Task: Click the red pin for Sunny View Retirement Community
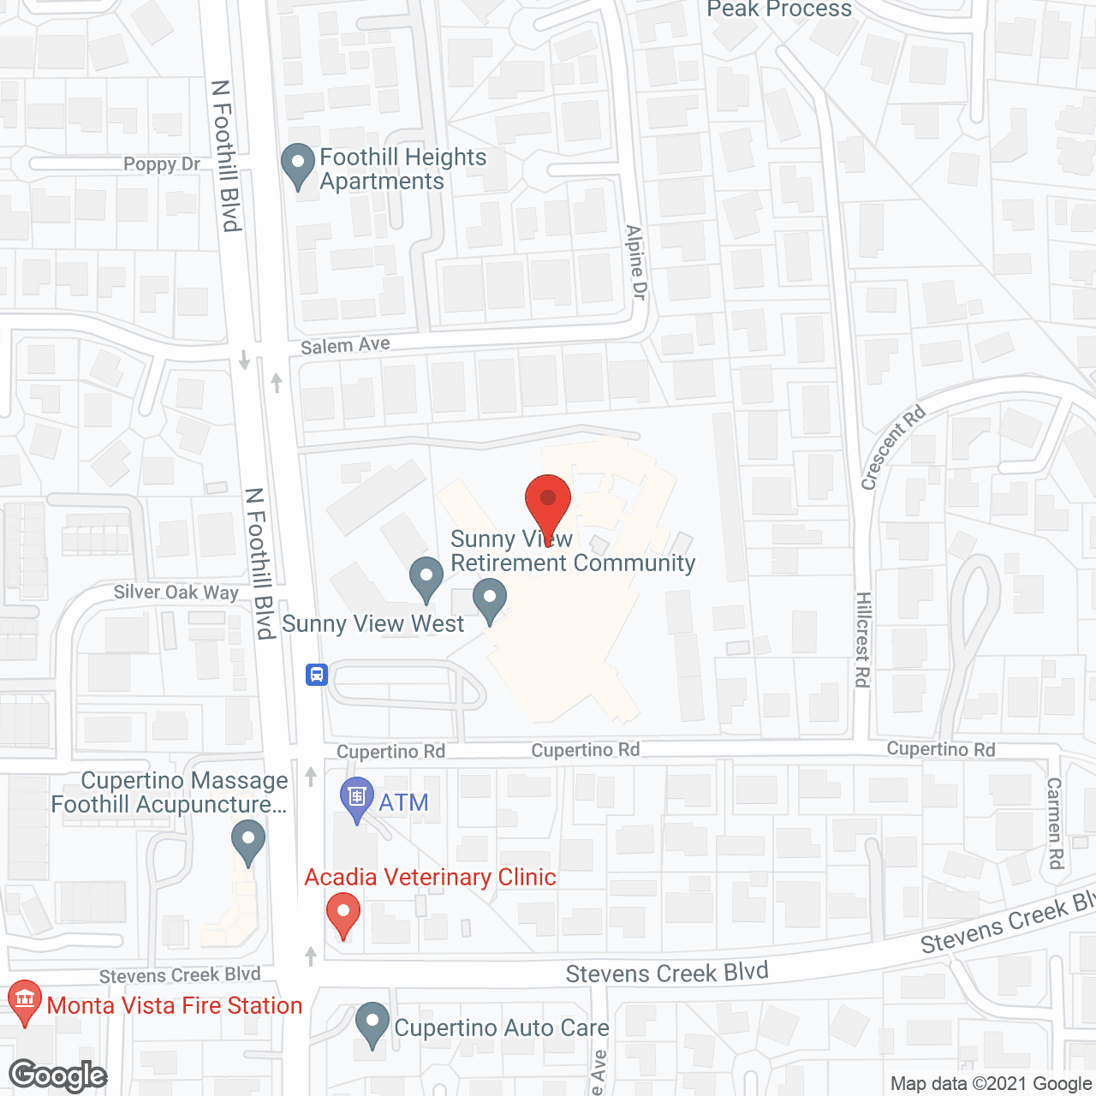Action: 548,501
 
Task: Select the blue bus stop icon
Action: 317,675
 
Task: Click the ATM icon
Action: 356,797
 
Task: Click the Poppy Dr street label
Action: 161,164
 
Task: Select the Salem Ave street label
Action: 345,345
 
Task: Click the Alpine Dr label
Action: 635,262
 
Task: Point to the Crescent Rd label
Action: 892,447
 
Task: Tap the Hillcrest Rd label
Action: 862,639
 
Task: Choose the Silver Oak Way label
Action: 176,592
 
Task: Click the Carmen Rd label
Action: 1055,822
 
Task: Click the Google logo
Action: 58,1075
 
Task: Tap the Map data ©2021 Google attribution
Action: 991,1084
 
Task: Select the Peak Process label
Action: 779,9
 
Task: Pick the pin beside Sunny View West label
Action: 490,599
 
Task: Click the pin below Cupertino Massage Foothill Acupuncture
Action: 248,841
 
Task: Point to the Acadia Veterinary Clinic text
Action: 431,877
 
